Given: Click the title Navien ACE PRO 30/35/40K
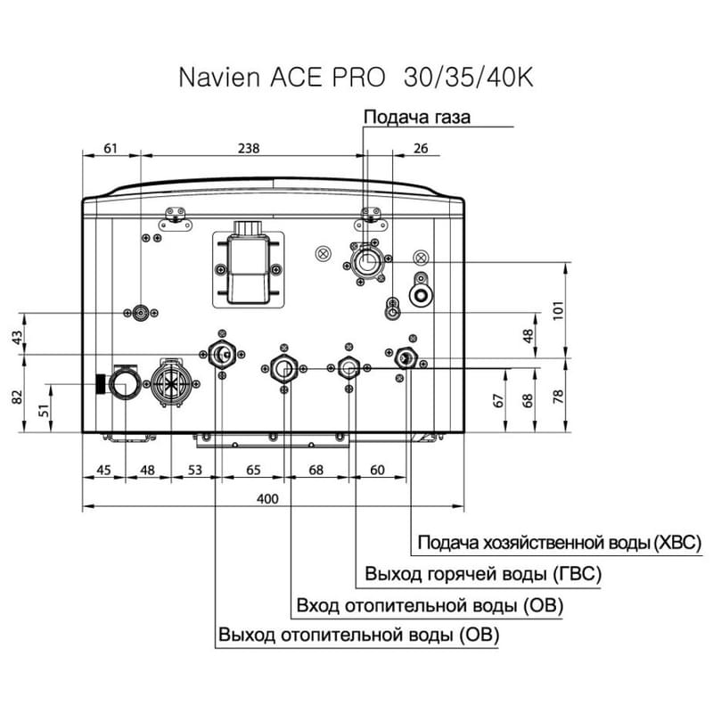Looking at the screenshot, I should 356,77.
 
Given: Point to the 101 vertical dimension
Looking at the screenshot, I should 559,310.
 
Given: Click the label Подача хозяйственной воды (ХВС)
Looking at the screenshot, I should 560,542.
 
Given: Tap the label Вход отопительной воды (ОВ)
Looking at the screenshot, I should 430,606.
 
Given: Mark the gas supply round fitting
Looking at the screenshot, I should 365,263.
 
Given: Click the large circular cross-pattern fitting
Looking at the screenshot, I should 169,383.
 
